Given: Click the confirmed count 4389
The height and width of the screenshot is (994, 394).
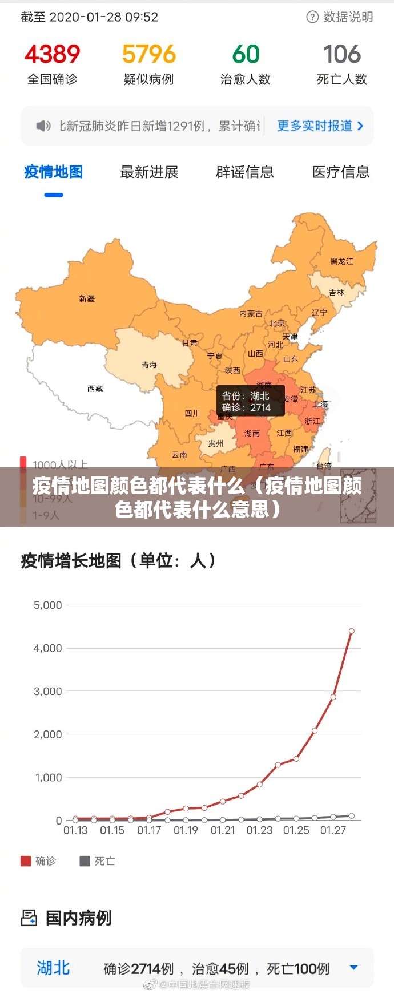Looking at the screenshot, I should (x=52, y=54).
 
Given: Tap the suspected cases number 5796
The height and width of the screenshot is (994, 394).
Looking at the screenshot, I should (x=148, y=54).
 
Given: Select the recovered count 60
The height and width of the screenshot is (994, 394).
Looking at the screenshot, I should (x=246, y=54).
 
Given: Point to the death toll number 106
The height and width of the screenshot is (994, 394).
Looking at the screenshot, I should (x=342, y=54).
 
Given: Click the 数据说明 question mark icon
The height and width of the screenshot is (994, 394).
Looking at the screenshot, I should (x=312, y=17).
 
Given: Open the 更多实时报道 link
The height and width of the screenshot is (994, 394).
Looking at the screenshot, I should (x=320, y=126).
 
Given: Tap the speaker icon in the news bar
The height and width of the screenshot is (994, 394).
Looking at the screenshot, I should (x=43, y=126).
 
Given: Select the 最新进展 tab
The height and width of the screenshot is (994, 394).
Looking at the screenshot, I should (x=149, y=172).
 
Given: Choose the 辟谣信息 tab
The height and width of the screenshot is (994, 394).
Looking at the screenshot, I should (x=245, y=172).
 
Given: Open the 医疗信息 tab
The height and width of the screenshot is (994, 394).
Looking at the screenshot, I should (x=341, y=172).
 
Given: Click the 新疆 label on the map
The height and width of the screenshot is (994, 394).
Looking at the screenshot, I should (x=87, y=298).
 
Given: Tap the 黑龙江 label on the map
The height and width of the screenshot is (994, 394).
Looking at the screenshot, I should (x=341, y=261).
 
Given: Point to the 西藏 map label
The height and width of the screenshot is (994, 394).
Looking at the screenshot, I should (x=95, y=389).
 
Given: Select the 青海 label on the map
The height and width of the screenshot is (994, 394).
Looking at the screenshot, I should (x=149, y=365).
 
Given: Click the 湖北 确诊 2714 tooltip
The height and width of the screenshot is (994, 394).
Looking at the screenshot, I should (x=250, y=401).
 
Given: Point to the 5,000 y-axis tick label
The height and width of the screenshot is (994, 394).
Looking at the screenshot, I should (x=48, y=605).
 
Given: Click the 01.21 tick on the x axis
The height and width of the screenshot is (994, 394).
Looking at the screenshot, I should (x=223, y=830).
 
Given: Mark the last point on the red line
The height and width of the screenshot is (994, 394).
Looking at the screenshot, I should (x=351, y=631).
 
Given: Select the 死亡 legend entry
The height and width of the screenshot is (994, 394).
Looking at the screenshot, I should (x=98, y=861).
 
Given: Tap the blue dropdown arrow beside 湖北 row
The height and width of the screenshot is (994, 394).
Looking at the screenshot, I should (x=353, y=967).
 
